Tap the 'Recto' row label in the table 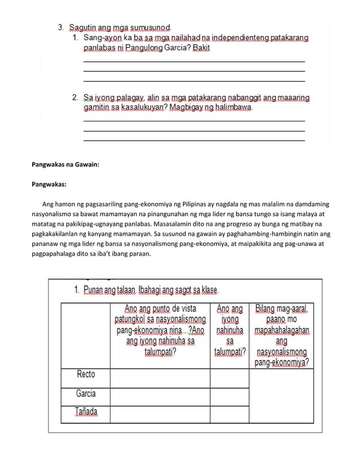point(86,374)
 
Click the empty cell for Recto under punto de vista point(160,377)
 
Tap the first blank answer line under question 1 point(194,61)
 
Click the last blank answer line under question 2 point(194,139)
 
